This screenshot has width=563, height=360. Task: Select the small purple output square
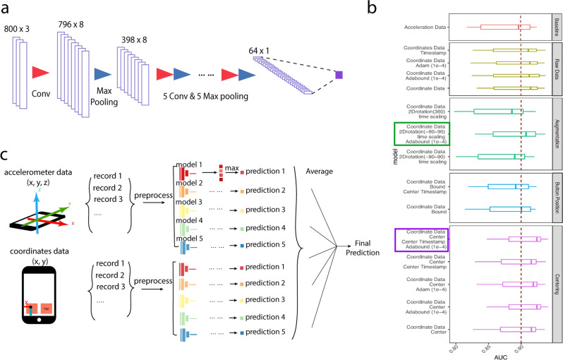coord(339,74)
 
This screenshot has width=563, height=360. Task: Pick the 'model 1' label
coord(190,164)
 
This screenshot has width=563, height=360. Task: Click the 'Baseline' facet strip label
coord(557,28)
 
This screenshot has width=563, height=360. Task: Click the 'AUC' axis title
coord(503,352)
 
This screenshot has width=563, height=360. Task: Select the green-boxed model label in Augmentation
coord(423,133)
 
